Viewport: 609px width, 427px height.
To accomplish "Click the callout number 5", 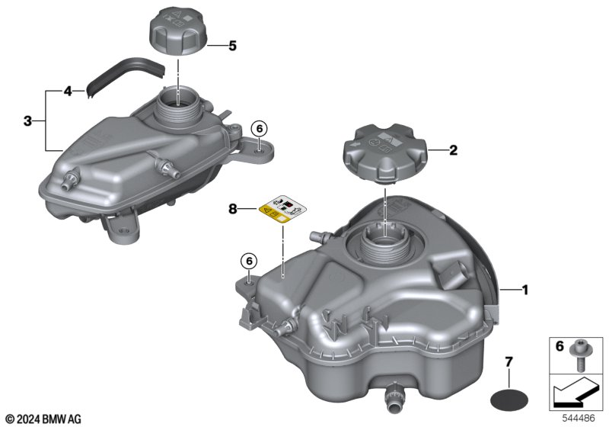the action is click(x=232, y=46).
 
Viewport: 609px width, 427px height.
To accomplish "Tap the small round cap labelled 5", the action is click(x=178, y=34).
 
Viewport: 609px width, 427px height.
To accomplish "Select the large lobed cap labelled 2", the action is click(x=385, y=151).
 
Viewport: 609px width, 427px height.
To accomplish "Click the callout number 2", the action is click(x=453, y=150).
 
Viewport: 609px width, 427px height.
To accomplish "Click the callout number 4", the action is click(x=68, y=91).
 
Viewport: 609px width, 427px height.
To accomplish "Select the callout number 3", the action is click(x=27, y=121).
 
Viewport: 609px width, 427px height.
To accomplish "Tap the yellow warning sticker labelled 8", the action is click(x=282, y=210).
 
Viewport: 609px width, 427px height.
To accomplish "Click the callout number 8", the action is click(x=232, y=210).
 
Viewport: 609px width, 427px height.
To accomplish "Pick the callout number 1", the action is click(x=525, y=290).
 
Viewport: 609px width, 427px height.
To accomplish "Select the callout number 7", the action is click(x=509, y=362).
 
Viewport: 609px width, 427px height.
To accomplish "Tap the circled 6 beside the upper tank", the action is click(x=260, y=128).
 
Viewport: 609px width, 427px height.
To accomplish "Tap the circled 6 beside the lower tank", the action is click(x=249, y=261).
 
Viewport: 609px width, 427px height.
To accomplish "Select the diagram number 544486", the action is click(x=579, y=419).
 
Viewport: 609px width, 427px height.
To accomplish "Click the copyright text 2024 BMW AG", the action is click(x=44, y=419).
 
